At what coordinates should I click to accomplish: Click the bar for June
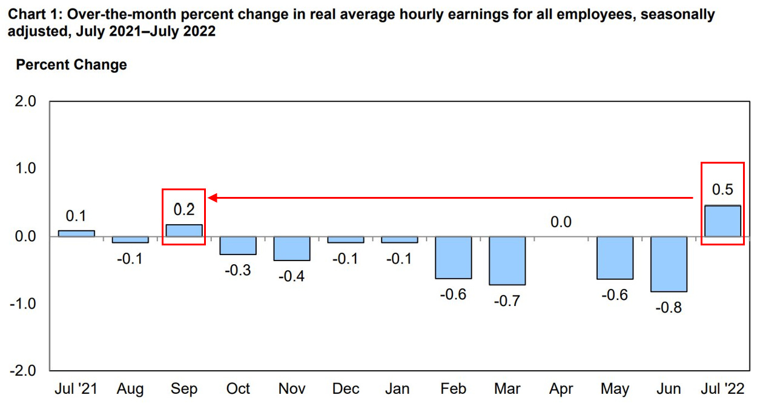[x=669, y=264]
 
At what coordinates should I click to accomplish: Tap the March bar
[x=507, y=261]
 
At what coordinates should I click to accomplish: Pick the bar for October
[x=237, y=245]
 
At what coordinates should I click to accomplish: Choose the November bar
[x=291, y=248]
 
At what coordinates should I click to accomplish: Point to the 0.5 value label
[x=722, y=190]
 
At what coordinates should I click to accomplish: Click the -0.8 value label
[x=669, y=308]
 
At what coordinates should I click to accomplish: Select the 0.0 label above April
[x=561, y=222]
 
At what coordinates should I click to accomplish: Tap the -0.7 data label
[x=507, y=301]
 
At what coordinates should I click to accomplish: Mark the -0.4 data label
[x=291, y=276]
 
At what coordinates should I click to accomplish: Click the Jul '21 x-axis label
[x=76, y=388]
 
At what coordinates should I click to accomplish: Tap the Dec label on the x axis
[x=345, y=388]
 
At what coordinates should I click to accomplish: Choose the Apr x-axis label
[x=561, y=388]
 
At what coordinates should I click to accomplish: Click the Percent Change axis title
[x=71, y=65]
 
